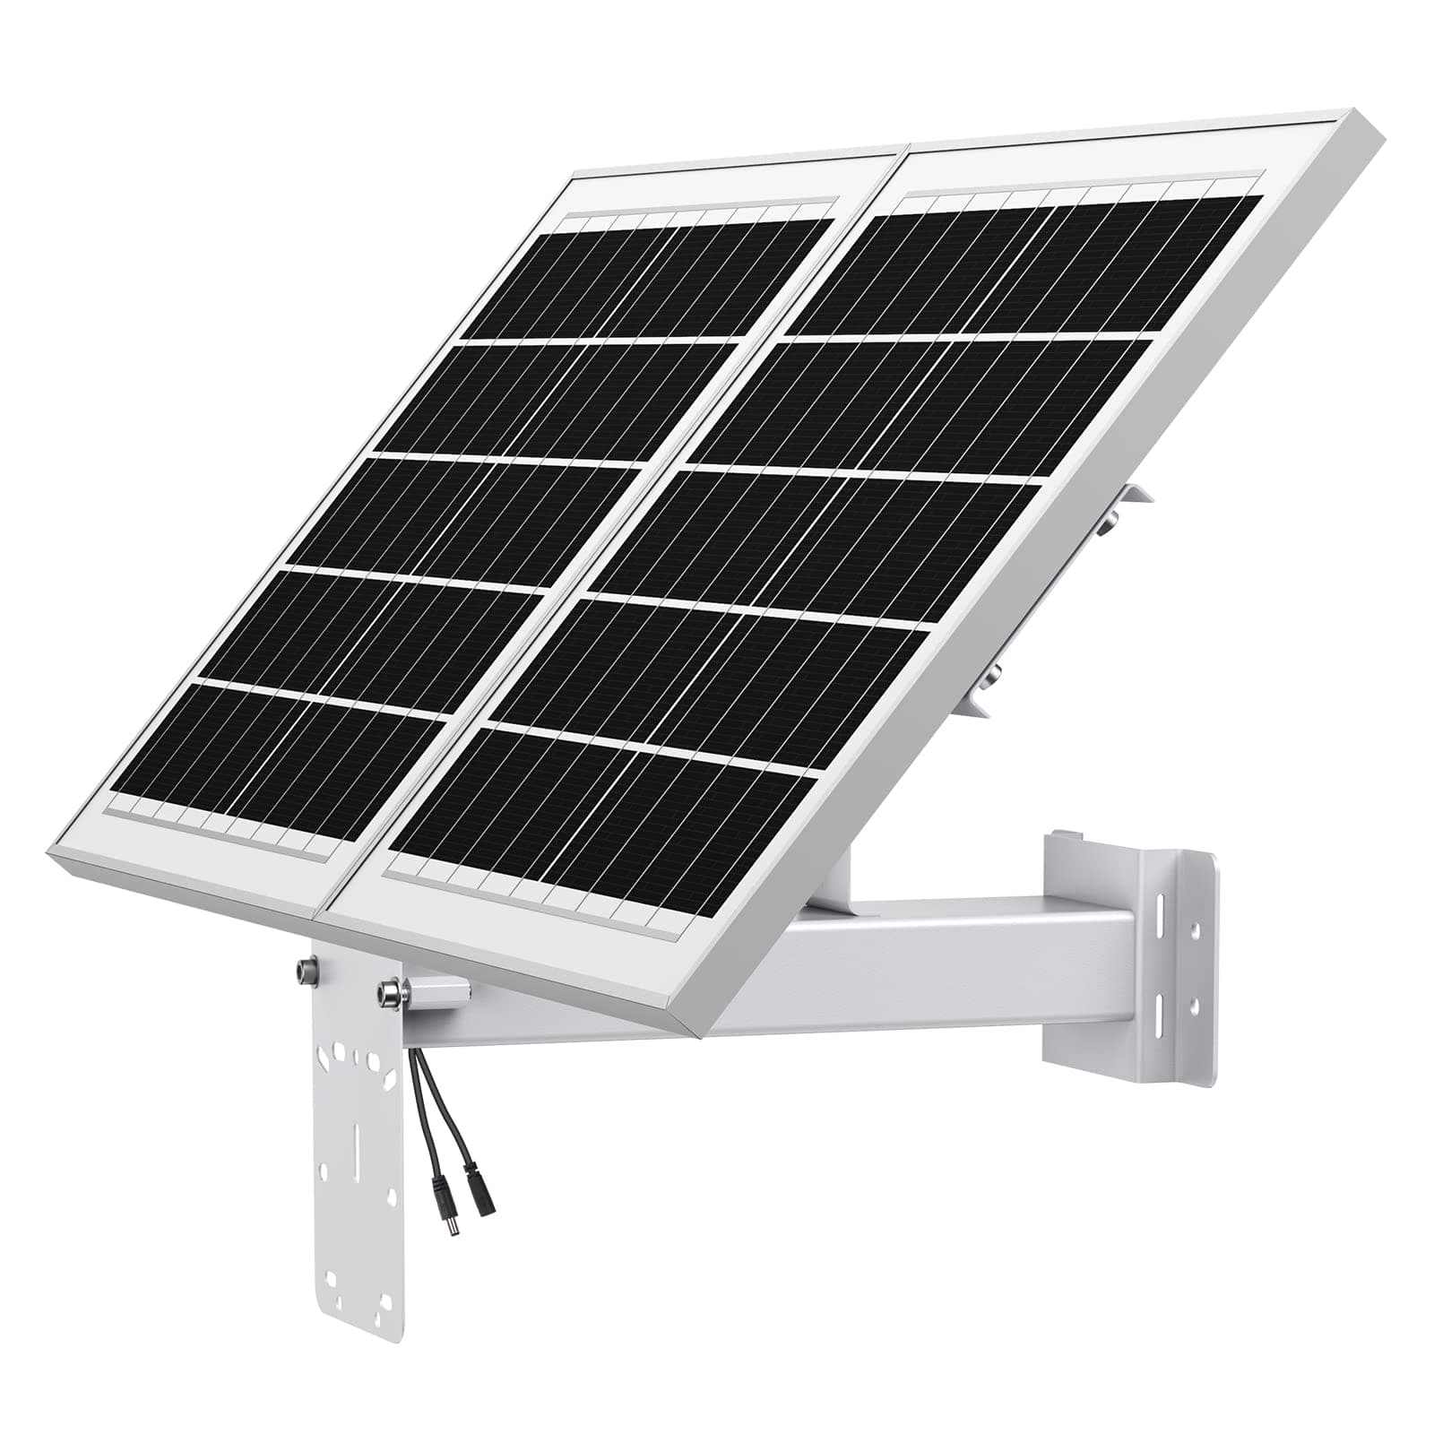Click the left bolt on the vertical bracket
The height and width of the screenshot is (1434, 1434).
coord(304,970)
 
